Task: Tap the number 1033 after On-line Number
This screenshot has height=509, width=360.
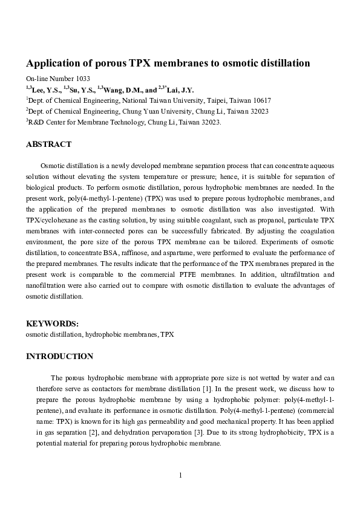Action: click(x=83, y=79)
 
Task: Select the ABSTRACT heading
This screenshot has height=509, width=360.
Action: click(x=48, y=144)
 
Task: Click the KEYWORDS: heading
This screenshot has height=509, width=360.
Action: click(x=52, y=323)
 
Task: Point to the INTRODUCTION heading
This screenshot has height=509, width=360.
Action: click(x=59, y=356)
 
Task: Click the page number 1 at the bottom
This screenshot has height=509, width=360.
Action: click(x=180, y=475)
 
